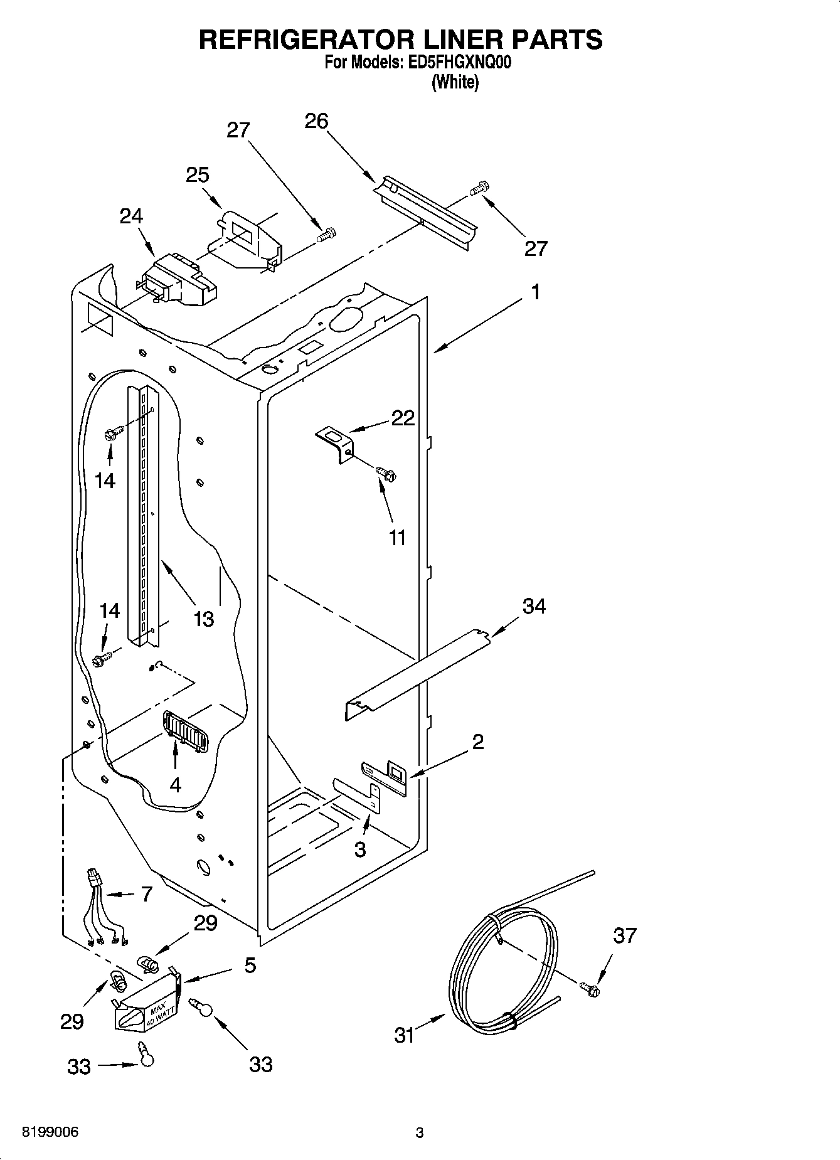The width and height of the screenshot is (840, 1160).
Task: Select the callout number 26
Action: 316,120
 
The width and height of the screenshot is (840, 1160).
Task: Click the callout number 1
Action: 535,292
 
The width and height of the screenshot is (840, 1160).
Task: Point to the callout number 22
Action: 403,418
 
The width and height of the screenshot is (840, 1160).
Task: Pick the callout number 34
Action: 534,606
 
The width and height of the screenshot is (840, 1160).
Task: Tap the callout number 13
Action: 203,619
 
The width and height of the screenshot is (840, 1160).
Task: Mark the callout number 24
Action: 131,216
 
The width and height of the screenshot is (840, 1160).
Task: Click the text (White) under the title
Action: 455,82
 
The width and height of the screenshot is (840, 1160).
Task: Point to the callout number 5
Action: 250,966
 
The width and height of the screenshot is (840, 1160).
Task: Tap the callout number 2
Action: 477,742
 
